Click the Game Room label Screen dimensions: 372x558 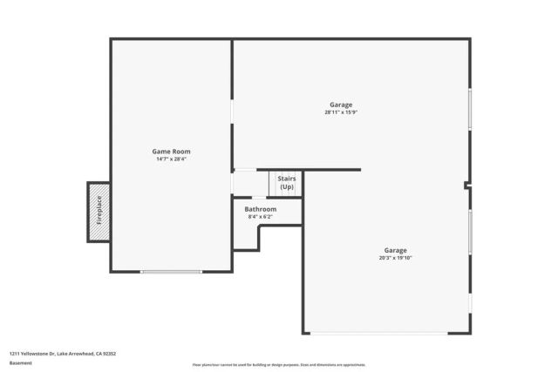click(171, 152)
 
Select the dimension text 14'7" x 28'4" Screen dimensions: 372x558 click(171, 159)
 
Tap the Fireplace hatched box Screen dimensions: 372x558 click(99, 212)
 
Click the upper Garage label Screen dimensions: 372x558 click(341, 105)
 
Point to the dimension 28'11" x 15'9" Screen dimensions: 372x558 click(341, 112)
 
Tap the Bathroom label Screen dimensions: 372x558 click(260, 209)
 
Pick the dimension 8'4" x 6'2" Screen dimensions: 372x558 click(260, 217)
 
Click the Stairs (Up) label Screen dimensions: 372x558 click(286, 183)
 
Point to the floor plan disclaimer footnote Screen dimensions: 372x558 click(278, 365)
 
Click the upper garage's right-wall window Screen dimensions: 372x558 click(470, 109)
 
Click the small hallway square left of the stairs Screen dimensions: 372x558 click(249, 184)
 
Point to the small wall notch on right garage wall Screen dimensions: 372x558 click(468, 185)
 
